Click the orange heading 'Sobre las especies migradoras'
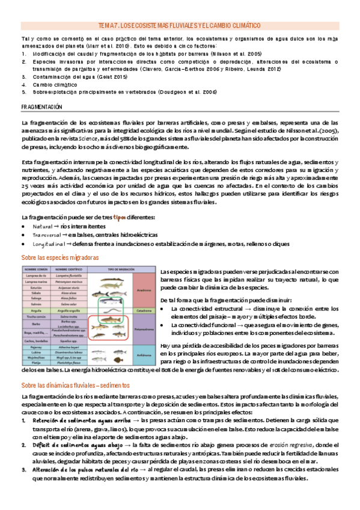(x=58, y=257)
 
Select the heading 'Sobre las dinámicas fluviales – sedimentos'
(x=75, y=385)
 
